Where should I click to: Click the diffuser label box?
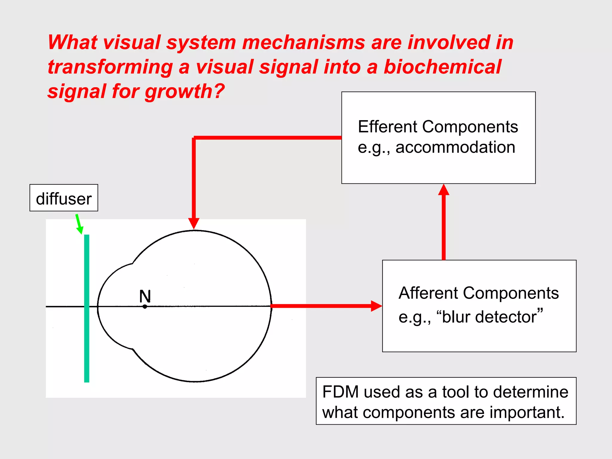pos(64,198)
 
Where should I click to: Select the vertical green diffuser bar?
pos(87,308)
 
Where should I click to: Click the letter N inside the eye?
pos(145,296)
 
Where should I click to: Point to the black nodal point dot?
pos(145,307)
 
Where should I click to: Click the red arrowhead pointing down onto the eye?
pos(194,224)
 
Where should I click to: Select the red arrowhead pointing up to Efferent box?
pos(444,190)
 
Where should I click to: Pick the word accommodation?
pos(455,147)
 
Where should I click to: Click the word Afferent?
pos(428,293)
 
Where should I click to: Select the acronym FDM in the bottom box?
pos(340,392)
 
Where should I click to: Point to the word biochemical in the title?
pos(442,67)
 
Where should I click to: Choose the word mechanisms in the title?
pos(304,42)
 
